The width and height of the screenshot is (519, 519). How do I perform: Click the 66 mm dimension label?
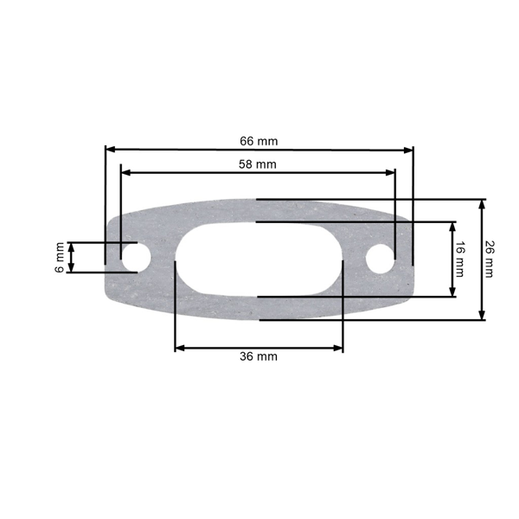tap(259, 140)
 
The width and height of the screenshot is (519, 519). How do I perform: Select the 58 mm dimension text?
tap(258, 163)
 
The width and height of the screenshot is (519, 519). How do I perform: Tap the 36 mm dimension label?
tap(259, 356)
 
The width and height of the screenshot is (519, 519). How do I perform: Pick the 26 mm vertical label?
tap(489, 259)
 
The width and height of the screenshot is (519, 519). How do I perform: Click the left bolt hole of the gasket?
tap(134, 257)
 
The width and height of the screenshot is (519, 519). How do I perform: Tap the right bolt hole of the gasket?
tap(381, 258)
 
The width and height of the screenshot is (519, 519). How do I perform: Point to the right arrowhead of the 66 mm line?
tap(409, 149)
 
